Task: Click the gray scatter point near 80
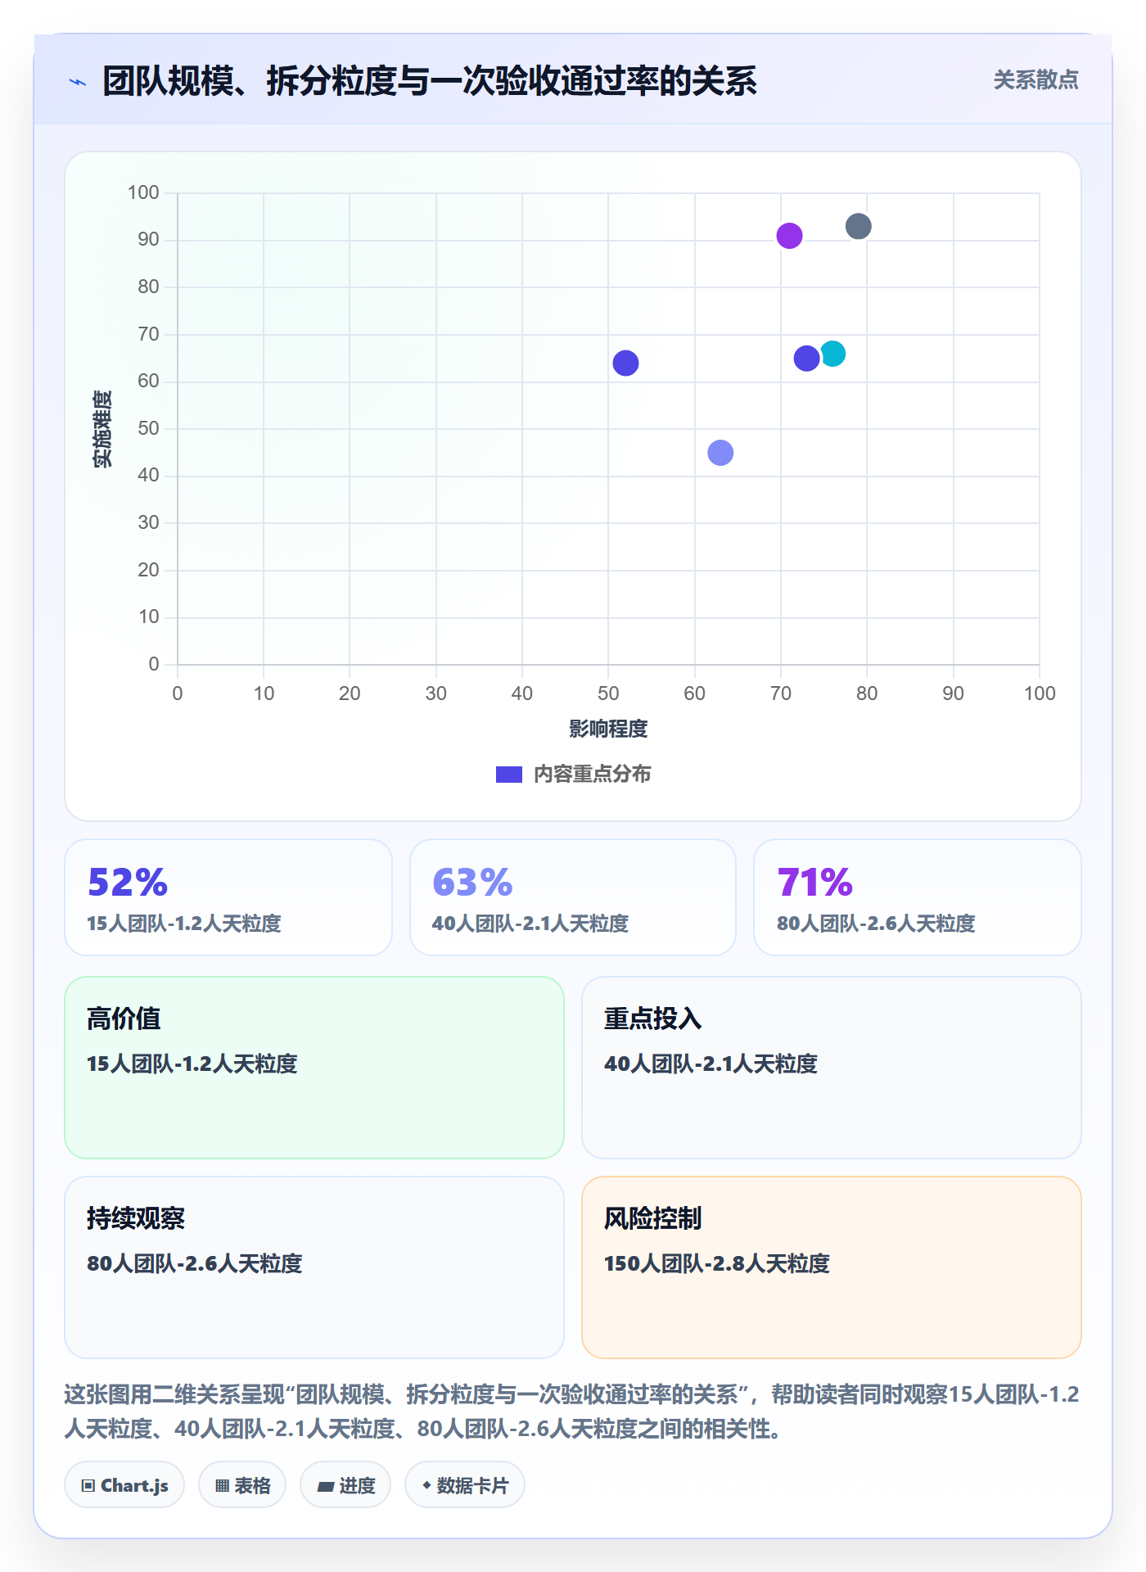pos(858,226)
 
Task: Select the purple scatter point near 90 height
pos(789,236)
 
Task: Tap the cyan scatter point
pos(832,354)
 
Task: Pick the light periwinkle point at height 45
pos(720,453)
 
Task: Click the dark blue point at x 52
pos(625,363)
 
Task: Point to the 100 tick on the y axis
pos(143,192)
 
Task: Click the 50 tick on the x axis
pos(608,693)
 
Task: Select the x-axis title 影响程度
pos(608,729)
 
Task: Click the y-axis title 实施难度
pos(102,429)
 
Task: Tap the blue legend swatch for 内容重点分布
pos(509,775)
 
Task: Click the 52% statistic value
pos(128,883)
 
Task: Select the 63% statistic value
pos(472,883)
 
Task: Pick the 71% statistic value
pos(815,883)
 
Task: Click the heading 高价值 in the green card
pos(124,1019)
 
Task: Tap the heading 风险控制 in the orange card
pos(652,1218)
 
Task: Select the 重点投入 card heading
pos(652,1019)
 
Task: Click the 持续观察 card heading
pos(136,1218)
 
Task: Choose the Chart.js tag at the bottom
pos(124,1485)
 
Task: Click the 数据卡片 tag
pos(465,1485)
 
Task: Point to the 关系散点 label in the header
pos(1036,80)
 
